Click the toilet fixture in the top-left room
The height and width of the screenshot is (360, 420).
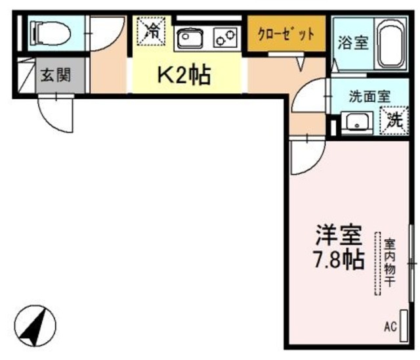tap(49, 31)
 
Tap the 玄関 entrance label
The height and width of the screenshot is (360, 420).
tap(56, 74)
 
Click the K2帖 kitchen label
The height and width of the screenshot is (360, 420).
tap(183, 76)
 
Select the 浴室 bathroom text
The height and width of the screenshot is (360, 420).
tap(352, 43)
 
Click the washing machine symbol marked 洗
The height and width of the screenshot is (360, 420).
tap(394, 120)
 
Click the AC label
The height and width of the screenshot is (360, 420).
tap(390, 326)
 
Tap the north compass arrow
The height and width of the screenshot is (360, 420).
tap(37, 325)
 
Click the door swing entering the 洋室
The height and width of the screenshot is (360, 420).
tap(306, 154)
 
